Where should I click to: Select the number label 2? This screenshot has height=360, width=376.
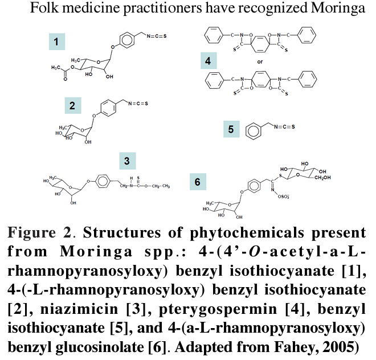[72, 105]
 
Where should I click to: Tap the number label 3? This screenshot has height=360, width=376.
[127, 161]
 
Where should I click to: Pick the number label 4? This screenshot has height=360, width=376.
[209, 61]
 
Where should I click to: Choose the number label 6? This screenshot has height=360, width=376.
[198, 182]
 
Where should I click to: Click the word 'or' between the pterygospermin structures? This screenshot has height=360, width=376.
[260, 61]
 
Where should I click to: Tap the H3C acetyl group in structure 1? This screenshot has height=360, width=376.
[55, 67]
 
